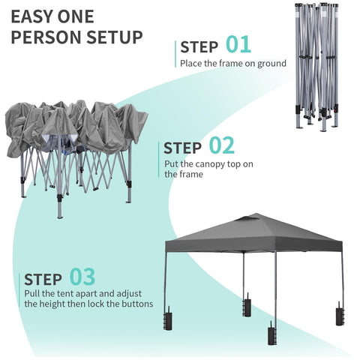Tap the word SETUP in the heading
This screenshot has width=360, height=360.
pos(115,37)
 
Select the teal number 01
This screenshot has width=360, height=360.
pos(238,44)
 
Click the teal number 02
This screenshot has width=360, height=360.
pos(222,145)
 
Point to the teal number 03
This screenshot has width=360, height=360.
pos(82,277)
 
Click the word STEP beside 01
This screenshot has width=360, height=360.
pos(199,47)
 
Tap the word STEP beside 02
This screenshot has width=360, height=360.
pos(182,148)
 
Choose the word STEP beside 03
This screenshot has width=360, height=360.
pos(43,280)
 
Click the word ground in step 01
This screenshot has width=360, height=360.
pos(271,64)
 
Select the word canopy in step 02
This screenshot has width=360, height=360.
pos(210,164)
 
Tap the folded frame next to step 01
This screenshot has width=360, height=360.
pos(317,66)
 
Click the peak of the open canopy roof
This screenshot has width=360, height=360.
pos(256,214)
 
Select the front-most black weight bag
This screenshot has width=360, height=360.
pos(271,333)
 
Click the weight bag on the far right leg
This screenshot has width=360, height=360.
pos(340,313)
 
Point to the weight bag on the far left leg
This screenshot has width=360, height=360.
pos(167,318)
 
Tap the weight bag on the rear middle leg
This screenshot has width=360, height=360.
pos(247,305)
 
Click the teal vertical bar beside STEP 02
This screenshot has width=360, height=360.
pos(158,160)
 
